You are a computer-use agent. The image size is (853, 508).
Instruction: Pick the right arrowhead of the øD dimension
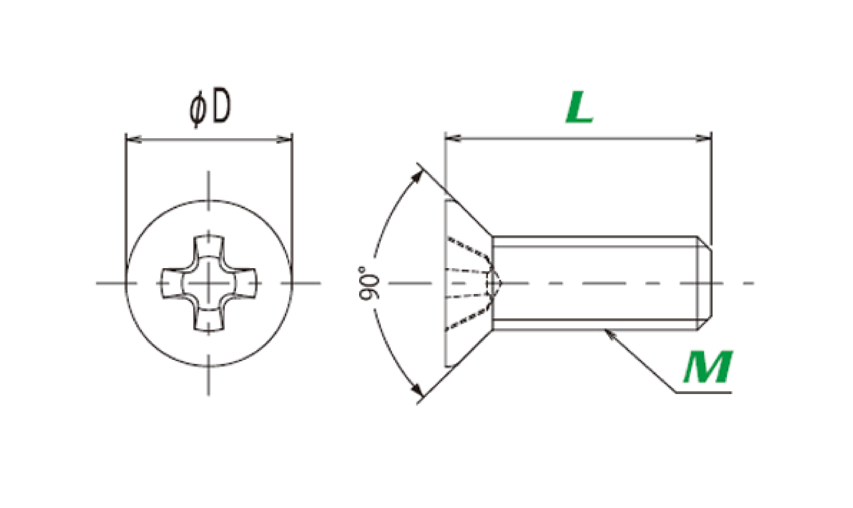coord(284,140)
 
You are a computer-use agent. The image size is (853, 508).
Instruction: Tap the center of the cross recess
coord(209,283)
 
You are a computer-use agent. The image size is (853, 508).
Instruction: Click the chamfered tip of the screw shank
coord(705,283)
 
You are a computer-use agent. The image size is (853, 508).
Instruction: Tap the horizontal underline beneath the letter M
coord(703,392)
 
